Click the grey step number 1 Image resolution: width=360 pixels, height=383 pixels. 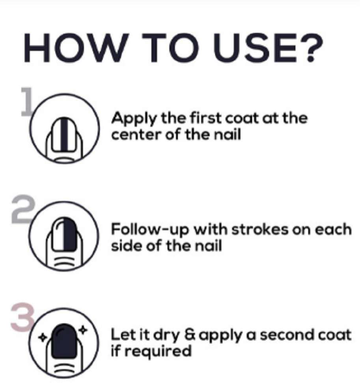26,101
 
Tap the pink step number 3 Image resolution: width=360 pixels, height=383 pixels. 22,316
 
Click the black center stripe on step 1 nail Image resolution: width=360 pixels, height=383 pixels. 64,135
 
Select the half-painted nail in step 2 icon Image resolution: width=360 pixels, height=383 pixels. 65,234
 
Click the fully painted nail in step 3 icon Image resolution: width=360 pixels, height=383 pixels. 64,341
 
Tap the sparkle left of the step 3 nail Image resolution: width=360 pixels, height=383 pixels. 42,338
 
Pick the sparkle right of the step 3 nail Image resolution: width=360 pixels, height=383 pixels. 83,330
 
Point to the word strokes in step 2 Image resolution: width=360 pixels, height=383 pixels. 260,229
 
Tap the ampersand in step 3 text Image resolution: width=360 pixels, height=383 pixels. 190,335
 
